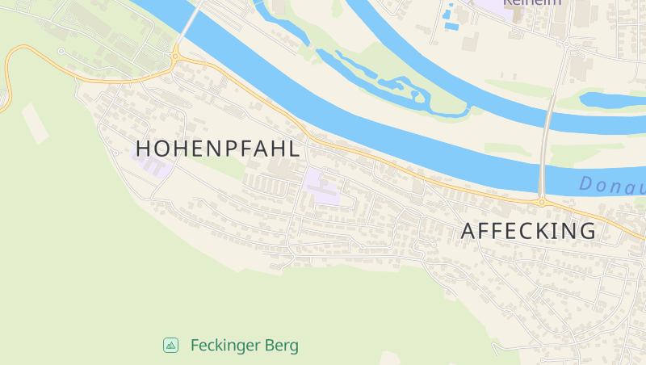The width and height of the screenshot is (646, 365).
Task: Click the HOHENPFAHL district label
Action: coord(218,149)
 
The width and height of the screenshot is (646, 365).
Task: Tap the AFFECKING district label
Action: coord(528,231)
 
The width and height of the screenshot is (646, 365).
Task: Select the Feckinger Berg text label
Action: coord(244,346)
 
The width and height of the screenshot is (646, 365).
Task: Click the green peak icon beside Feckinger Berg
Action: coord(170,346)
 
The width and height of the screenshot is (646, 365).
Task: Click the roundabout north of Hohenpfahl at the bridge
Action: coord(175,56)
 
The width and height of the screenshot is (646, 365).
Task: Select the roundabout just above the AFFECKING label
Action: coord(542,201)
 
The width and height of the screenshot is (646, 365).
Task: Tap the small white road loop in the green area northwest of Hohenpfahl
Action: coord(61,52)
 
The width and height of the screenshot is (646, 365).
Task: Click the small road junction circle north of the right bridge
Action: coord(570,42)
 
